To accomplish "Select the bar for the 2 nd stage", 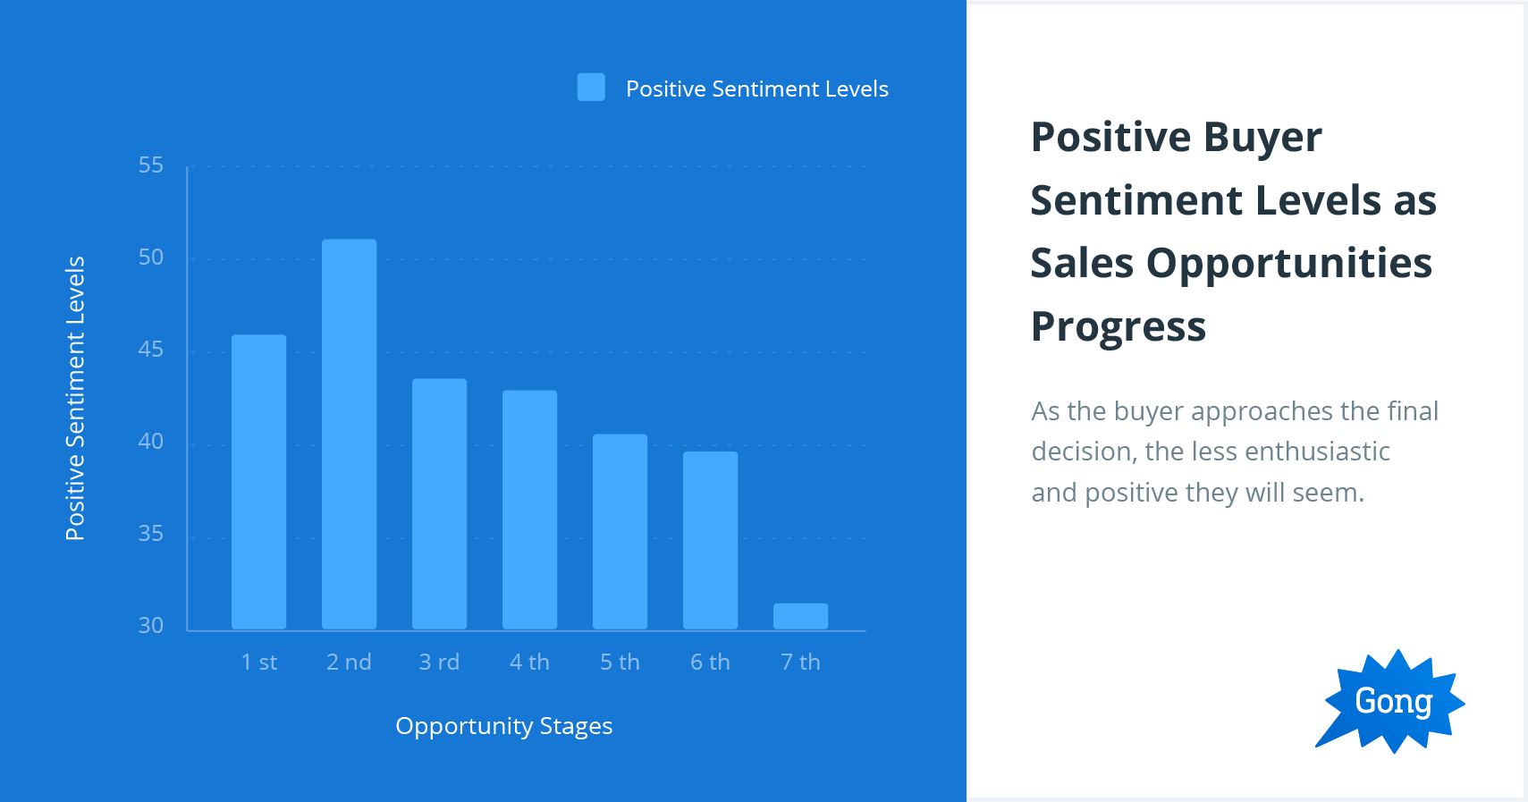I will [x=349, y=434].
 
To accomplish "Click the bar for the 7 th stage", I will [x=800, y=616].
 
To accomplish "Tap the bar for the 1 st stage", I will [x=258, y=481].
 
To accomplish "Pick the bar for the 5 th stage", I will [x=620, y=531].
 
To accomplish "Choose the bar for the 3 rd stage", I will [x=439, y=503].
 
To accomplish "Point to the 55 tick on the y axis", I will [x=151, y=165].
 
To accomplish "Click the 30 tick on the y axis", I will [x=151, y=626].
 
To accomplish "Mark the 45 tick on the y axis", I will [x=151, y=350].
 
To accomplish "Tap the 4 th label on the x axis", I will [x=529, y=663].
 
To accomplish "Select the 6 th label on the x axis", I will [x=710, y=663].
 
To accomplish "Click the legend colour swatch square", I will [x=591, y=88].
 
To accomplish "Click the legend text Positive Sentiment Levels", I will [x=756, y=89].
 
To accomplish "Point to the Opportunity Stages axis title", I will [x=503, y=726].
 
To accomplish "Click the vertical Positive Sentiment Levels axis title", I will [x=75, y=399].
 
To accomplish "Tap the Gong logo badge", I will [x=1391, y=702].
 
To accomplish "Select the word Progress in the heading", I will [x=1118, y=327].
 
